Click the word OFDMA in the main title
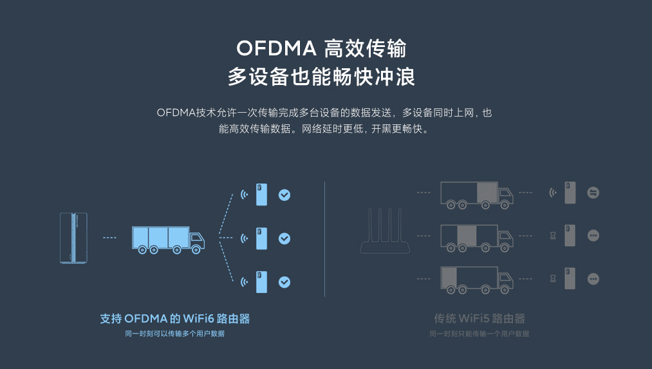[x=276, y=48]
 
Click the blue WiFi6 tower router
[x=73, y=238]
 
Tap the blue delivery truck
[x=168, y=239]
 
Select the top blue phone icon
[x=261, y=194]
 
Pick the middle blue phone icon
[x=261, y=238]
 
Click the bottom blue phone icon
[x=261, y=281]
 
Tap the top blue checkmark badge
[x=284, y=194]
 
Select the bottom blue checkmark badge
[x=284, y=281]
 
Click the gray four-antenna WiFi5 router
[x=386, y=232]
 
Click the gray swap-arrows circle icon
[x=593, y=193]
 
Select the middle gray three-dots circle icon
[x=593, y=236]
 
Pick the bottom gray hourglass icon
[x=552, y=279]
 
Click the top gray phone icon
[x=570, y=193]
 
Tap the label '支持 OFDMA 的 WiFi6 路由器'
[x=175, y=319]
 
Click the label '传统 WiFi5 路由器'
[x=480, y=319]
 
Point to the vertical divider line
[x=324, y=238]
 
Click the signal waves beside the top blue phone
[x=244, y=194]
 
